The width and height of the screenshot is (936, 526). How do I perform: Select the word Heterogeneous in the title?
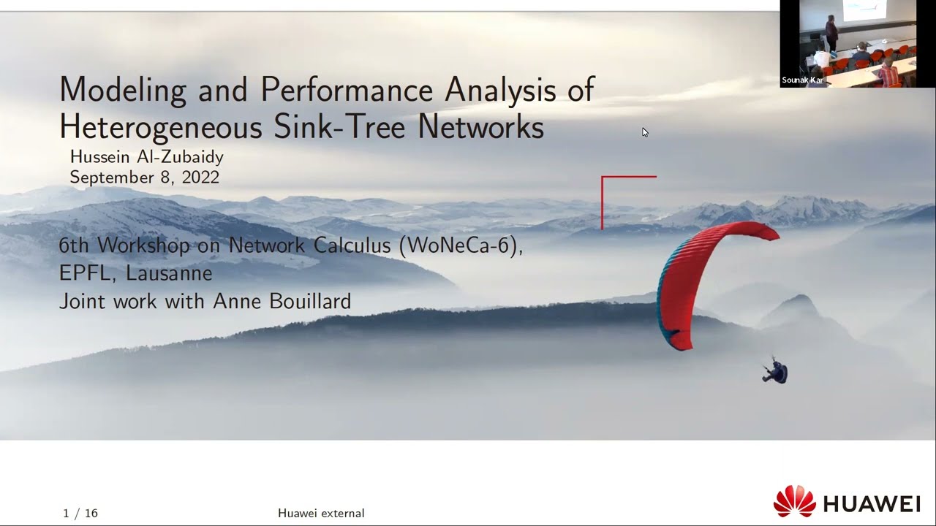point(160,127)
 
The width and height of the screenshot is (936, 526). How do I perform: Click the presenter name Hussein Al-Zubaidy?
point(146,156)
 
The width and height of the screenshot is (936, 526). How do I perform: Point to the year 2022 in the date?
point(200,178)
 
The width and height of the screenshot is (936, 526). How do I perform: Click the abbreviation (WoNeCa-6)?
point(461,245)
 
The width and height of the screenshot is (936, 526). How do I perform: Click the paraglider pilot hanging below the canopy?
point(775,372)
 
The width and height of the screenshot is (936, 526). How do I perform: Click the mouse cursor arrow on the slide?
point(645,132)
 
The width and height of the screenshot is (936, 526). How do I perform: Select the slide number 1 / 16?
point(80,514)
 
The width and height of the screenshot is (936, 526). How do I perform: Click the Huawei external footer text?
point(321,514)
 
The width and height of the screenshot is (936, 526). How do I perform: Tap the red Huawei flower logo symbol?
point(794,502)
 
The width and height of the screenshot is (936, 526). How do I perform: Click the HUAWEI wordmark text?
point(871,504)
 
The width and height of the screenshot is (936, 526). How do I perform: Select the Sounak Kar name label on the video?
point(802,80)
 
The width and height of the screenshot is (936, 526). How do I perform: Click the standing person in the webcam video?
point(831,33)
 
